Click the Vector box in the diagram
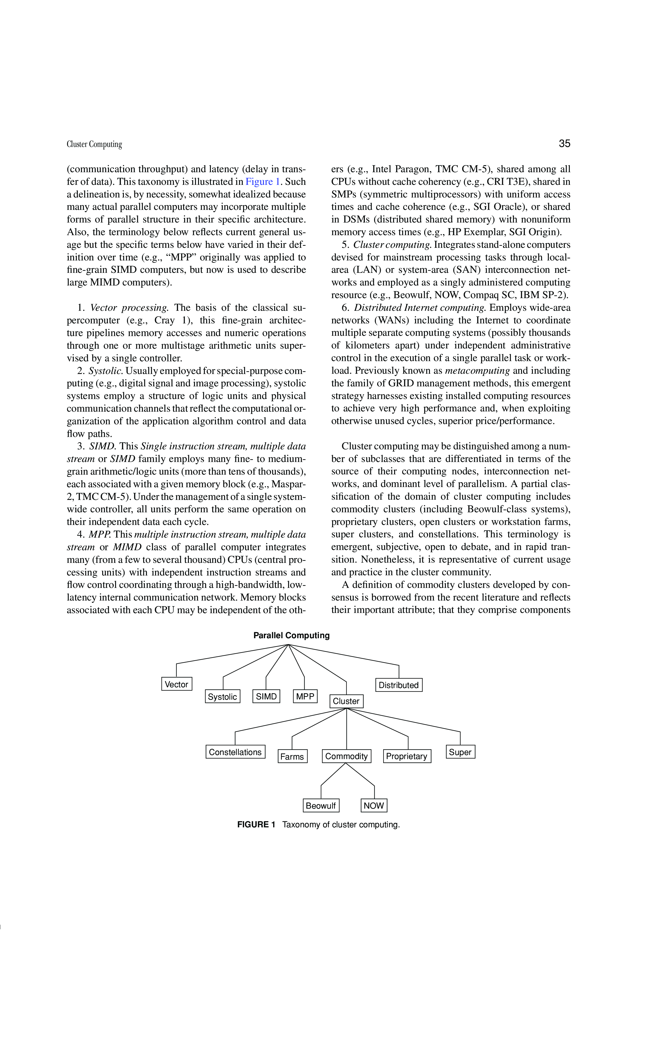click(x=176, y=684)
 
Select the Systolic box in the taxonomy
click(x=223, y=697)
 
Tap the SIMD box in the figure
click(x=266, y=696)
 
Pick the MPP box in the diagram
click(x=305, y=696)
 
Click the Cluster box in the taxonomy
click(x=346, y=701)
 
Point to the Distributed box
click(x=398, y=685)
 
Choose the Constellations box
click(x=235, y=752)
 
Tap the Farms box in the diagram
click(x=292, y=756)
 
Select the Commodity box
click(x=346, y=756)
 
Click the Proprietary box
click(x=406, y=756)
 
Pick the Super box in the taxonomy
click(x=460, y=752)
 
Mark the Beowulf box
click(x=321, y=806)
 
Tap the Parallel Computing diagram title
click(x=291, y=635)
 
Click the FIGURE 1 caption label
click(x=256, y=825)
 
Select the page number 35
click(x=564, y=144)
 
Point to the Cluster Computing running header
click(x=94, y=144)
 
